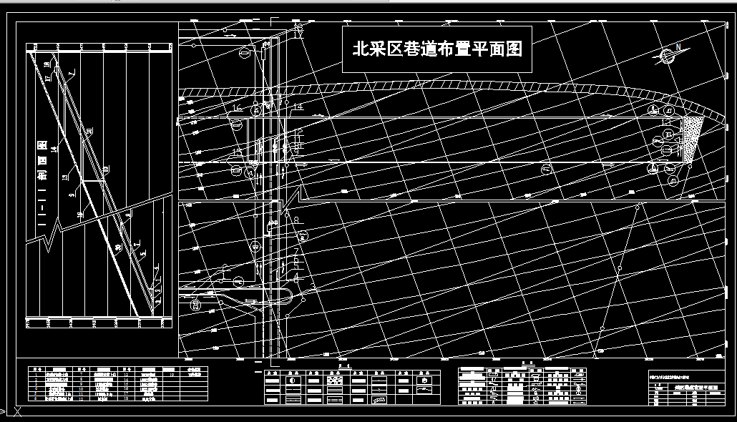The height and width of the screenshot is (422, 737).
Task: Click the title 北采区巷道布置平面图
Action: [437, 49]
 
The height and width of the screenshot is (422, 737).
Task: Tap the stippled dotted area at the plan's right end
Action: [690, 139]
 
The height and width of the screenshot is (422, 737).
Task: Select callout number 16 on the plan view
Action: [237, 108]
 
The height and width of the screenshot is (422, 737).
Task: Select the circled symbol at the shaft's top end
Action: [245, 52]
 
